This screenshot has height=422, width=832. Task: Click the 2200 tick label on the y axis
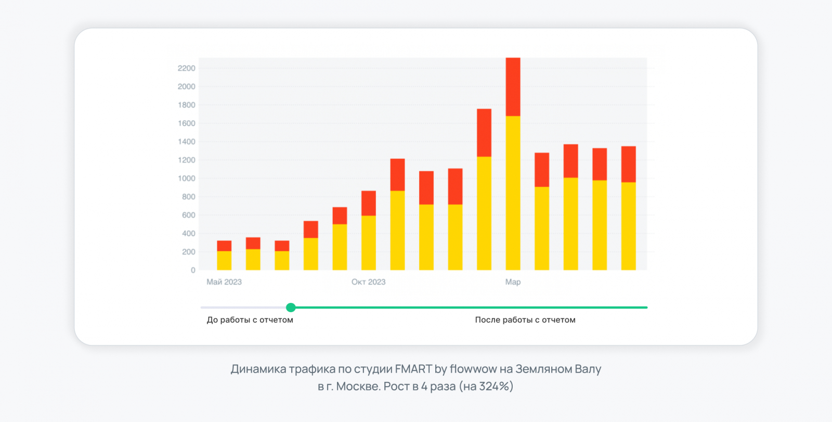(x=186, y=68)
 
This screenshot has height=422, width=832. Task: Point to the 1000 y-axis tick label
(x=186, y=178)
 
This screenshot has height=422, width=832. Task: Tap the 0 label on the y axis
(x=193, y=270)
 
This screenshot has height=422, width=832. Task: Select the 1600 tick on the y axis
(x=186, y=123)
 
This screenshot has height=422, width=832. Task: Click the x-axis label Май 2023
(x=224, y=282)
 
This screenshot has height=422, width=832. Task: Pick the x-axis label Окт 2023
(x=368, y=282)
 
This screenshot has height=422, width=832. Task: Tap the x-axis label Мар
(x=513, y=282)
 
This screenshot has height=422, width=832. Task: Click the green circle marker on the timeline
(x=291, y=308)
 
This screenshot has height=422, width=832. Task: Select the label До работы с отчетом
(x=250, y=320)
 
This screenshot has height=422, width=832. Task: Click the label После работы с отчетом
(x=525, y=320)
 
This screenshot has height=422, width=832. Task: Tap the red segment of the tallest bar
(x=513, y=86)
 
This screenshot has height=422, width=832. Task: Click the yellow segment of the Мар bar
(x=513, y=193)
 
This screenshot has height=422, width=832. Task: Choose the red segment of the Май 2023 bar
(x=224, y=246)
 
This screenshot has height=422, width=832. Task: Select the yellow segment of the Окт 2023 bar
(x=369, y=242)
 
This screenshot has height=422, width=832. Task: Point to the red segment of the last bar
(x=629, y=164)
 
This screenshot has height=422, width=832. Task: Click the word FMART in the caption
(x=413, y=369)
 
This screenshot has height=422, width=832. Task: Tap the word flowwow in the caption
(x=473, y=369)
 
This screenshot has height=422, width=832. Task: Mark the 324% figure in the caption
(x=493, y=387)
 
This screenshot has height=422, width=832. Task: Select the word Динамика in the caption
(x=258, y=369)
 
